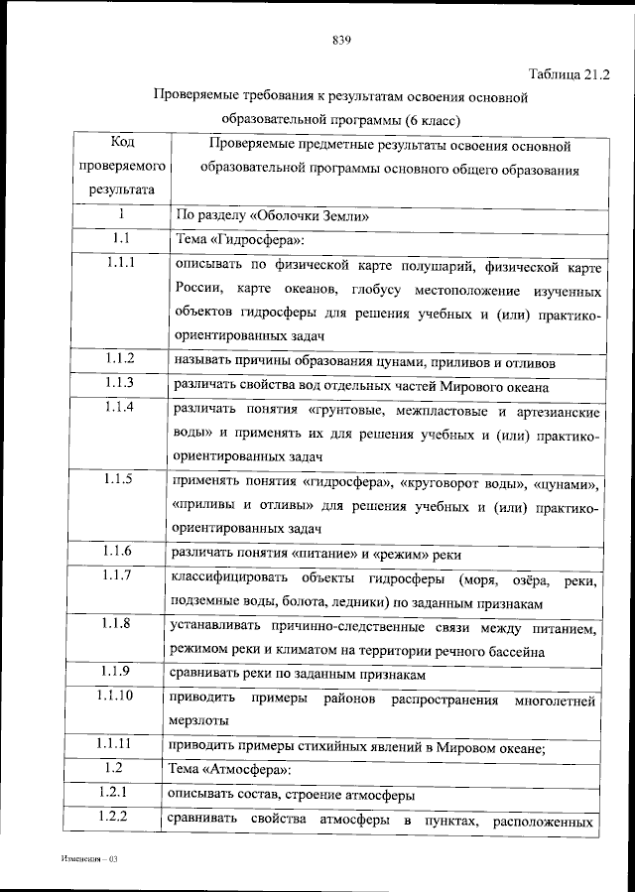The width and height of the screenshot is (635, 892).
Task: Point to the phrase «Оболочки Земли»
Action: click(323, 214)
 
